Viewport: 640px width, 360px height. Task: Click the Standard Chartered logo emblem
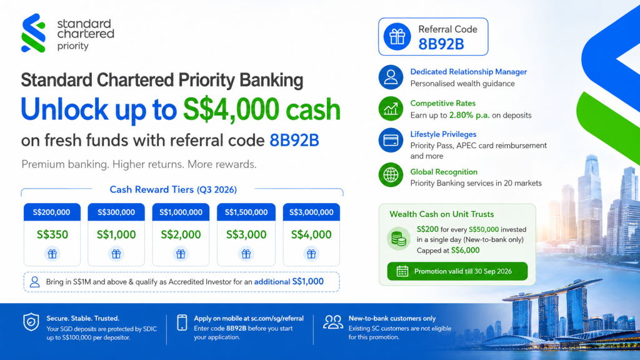coord(33,32)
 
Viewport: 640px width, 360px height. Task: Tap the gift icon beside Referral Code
coord(397,37)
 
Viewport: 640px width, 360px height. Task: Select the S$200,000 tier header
coord(52,212)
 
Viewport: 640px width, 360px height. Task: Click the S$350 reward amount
coord(52,235)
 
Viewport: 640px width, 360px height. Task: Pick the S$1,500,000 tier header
coord(246,212)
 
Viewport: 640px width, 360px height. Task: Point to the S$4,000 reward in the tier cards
coord(311,235)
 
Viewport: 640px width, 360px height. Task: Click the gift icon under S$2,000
coord(181,254)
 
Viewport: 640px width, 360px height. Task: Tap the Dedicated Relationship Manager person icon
coord(391,77)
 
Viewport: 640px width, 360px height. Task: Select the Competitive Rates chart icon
coord(391,109)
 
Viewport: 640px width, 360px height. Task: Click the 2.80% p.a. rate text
coord(469,116)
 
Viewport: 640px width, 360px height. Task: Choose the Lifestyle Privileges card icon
coord(391,141)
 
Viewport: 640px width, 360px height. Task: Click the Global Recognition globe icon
coord(391,175)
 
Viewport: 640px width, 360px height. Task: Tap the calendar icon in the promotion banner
coord(402,271)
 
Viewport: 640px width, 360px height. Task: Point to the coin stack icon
coord(398,238)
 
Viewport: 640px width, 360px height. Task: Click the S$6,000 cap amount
coord(465,251)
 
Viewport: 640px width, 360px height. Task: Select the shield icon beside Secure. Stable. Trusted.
coord(31,322)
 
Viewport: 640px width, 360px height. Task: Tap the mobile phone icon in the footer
coord(182,322)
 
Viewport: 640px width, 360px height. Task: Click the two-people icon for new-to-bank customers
coord(333,322)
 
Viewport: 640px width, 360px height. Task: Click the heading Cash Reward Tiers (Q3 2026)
coord(173,190)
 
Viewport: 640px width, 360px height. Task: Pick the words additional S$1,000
coord(289,282)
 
